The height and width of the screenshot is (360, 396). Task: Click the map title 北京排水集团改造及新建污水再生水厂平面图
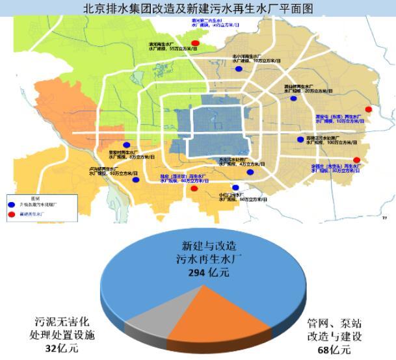click(x=198, y=8)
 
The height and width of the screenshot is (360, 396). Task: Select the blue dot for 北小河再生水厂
click(x=239, y=68)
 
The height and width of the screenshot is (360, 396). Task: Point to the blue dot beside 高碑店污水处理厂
click(x=300, y=139)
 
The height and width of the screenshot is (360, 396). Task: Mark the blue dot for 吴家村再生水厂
click(x=126, y=146)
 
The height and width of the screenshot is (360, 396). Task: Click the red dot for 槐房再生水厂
click(x=194, y=189)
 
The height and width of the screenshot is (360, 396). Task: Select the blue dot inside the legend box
click(x=12, y=203)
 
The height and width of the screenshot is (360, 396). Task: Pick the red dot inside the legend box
click(x=12, y=212)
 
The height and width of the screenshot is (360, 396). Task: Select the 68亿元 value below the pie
click(x=330, y=351)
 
